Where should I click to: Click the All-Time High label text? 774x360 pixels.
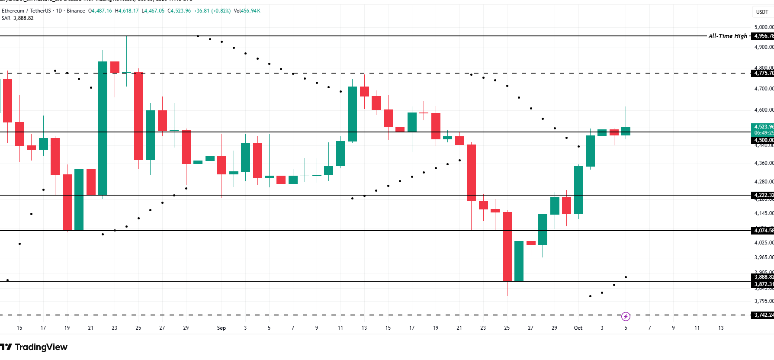(x=728, y=36)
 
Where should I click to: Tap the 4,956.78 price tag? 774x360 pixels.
(x=763, y=36)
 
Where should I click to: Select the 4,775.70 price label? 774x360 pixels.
(x=763, y=73)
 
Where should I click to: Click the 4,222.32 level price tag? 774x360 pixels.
(x=763, y=195)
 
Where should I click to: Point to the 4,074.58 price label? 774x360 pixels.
(x=763, y=231)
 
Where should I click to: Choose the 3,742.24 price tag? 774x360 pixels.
(x=763, y=315)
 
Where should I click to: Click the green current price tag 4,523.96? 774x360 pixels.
(x=763, y=127)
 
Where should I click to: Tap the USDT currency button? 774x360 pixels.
(x=762, y=12)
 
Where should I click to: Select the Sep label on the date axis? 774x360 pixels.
(x=221, y=328)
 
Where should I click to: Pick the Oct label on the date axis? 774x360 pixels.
(x=578, y=328)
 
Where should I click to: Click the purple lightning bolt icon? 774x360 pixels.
(x=626, y=317)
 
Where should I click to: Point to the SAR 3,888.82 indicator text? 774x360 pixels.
(x=18, y=18)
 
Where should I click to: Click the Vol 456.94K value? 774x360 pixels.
(x=247, y=11)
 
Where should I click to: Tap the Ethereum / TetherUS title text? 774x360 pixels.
(x=26, y=11)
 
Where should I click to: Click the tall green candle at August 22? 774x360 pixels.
(x=103, y=128)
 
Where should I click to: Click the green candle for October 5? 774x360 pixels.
(x=626, y=131)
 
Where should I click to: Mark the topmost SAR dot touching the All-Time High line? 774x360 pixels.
(x=198, y=36)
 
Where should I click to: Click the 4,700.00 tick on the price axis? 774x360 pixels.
(x=764, y=89)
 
